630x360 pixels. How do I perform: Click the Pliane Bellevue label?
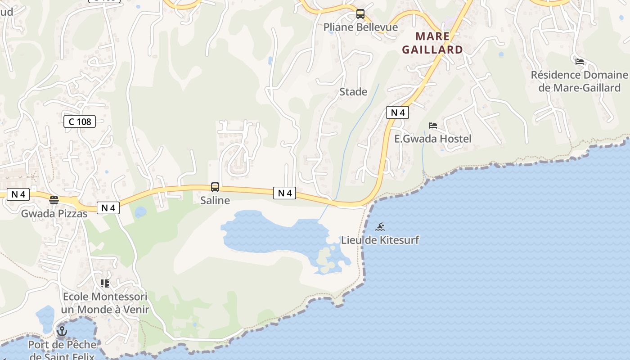tap(360, 27)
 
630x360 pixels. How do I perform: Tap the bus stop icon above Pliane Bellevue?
tap(360, 14)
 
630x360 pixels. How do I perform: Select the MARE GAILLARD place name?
tap(432, 43)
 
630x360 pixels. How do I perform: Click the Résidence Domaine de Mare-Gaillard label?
tap(579, 81)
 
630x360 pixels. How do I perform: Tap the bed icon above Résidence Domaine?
tap(580, 61)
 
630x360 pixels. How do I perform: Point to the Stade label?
tap(353, 92)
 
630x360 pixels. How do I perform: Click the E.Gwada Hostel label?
tap(433, 139)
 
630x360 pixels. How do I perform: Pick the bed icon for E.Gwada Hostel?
tap(433, 126)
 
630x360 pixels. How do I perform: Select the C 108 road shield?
tap(80, 121)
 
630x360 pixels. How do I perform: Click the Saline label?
tap(215, 201)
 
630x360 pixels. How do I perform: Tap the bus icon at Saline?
tap(215, 187)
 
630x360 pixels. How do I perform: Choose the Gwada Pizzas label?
tap(54, 213)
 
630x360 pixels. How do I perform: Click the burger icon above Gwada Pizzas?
tap(54, 200)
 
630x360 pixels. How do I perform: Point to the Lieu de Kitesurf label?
tap(380, 240)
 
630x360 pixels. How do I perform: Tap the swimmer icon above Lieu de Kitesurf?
tap(380, 227)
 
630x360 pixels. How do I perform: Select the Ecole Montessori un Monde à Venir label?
tap(105, 303)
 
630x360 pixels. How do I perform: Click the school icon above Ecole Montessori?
tap(105, 283)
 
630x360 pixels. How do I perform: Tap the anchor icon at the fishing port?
tap(62, 332)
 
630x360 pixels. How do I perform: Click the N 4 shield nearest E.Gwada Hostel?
tap(397, 112)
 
